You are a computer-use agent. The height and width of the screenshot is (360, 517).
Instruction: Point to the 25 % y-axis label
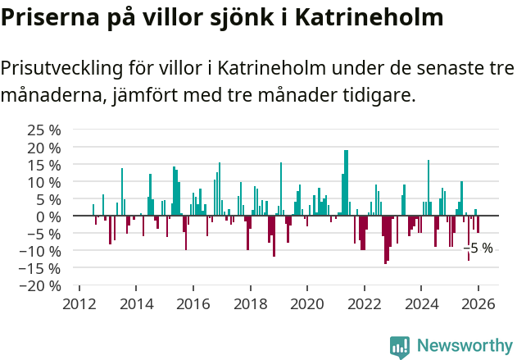pyautogui.click(x=44, y=130)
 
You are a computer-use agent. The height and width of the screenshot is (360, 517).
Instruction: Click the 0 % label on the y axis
pyautogui.click(x=50, y=216)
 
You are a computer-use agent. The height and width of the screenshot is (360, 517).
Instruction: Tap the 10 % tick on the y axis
pyautogui.click(x=44, y=182)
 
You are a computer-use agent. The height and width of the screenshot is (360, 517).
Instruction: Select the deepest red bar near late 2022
pyautogui.click(x=385, y=239)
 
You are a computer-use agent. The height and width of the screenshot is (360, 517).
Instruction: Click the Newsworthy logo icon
pyautogui.click(x=400, y=347)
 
